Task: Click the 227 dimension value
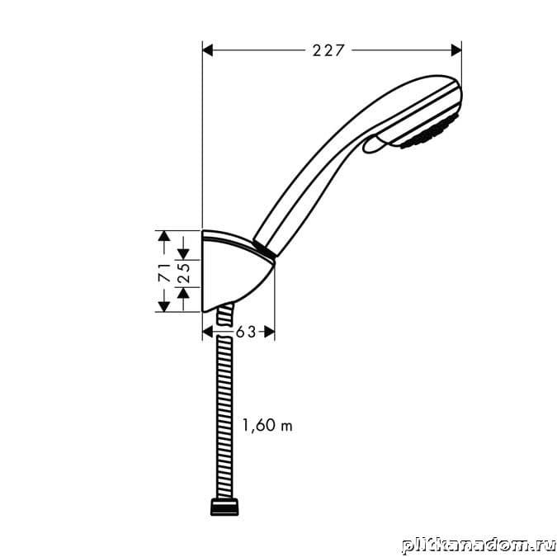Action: coord(328,50)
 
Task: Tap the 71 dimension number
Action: coord(163,272)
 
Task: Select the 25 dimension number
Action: coord(184,273)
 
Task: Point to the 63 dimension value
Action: coord(246,333)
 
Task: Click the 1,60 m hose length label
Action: coord(267,425)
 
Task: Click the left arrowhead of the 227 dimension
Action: coord(207,50)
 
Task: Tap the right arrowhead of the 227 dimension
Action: coord(456,50)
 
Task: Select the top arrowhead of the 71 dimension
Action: coord(163,236)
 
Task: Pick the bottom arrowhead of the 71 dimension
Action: coord(163,306)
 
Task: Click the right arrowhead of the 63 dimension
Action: coord(269,333)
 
